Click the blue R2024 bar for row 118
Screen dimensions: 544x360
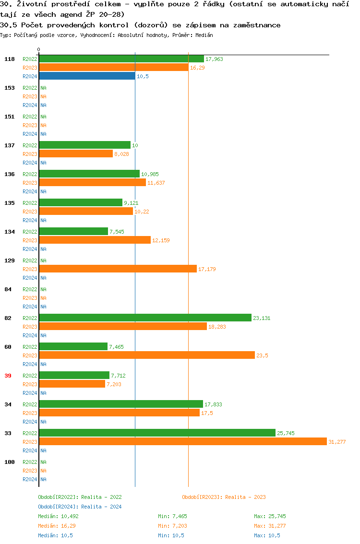(87, 76)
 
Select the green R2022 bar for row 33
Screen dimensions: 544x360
(157, 433)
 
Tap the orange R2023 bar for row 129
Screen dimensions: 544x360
(118, 269)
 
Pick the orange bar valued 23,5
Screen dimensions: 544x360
(147, 355)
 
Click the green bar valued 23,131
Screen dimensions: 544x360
(145, 318)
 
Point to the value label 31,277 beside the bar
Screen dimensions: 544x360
(336, 442)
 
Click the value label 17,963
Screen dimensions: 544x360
(214, 59)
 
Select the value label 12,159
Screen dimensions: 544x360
(161, 240)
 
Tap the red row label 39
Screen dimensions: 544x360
(8, 376)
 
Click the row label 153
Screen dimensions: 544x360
(9, 88)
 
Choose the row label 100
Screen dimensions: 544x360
(9, 462)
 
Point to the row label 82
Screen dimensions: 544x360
(8, 318)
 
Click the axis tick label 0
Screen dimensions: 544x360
(39, 49)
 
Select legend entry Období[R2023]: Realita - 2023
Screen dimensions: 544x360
(224, 497)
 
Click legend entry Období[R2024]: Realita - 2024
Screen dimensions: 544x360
(80, 507)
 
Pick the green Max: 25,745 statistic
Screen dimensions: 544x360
(270, 516)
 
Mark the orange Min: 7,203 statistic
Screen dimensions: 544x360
(172, 526)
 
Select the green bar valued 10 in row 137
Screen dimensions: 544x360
(84, 145)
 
